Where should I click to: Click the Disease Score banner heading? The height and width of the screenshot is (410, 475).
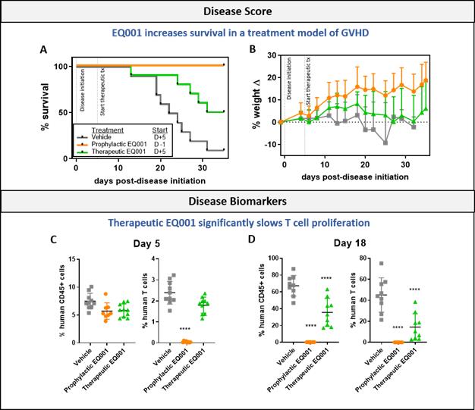[x=237, y=11]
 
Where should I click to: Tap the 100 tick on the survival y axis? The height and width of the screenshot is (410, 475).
[x=65, y=67]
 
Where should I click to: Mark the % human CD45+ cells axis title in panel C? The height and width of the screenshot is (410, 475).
[x=60, y=300]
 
